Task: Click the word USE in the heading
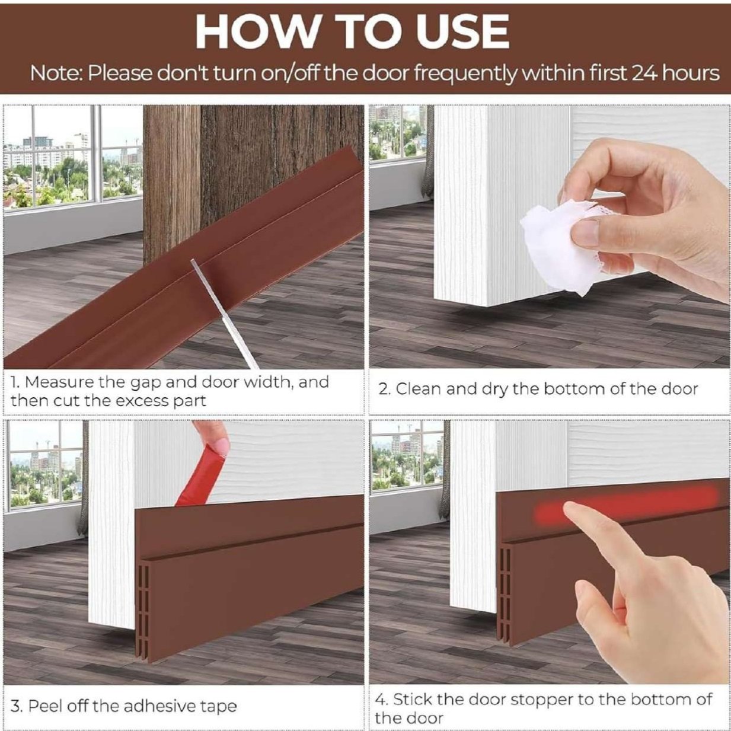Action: pyautogui.click(x=462, y=31)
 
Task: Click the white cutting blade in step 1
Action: pyautogui.click(x=225, y=314)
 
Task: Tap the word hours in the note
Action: pyautogui.click(x=691, y=73)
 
